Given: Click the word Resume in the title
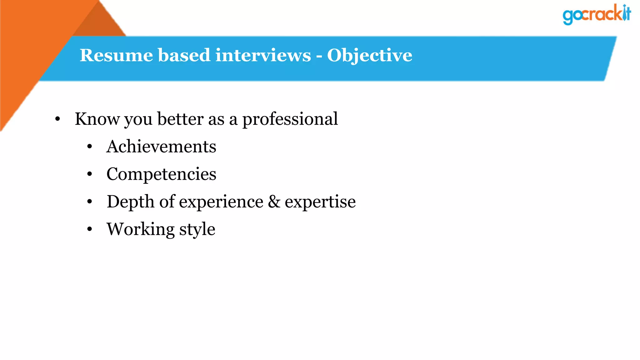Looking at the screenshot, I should click(x=116, y=55).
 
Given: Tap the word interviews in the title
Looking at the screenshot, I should click(x=263, y=55).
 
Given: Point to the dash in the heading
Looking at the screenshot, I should click(x=319, y=56).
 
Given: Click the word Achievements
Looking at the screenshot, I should click(x=161, y=147).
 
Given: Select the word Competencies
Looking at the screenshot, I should click(x=161, y=174).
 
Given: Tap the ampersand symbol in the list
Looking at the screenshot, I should click(x=274, y=202).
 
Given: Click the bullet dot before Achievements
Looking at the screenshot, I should click(x=90, y=147).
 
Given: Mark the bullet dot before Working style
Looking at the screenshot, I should click(x=90, y=229).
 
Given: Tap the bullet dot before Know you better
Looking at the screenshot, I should click(x=57, y=119).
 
